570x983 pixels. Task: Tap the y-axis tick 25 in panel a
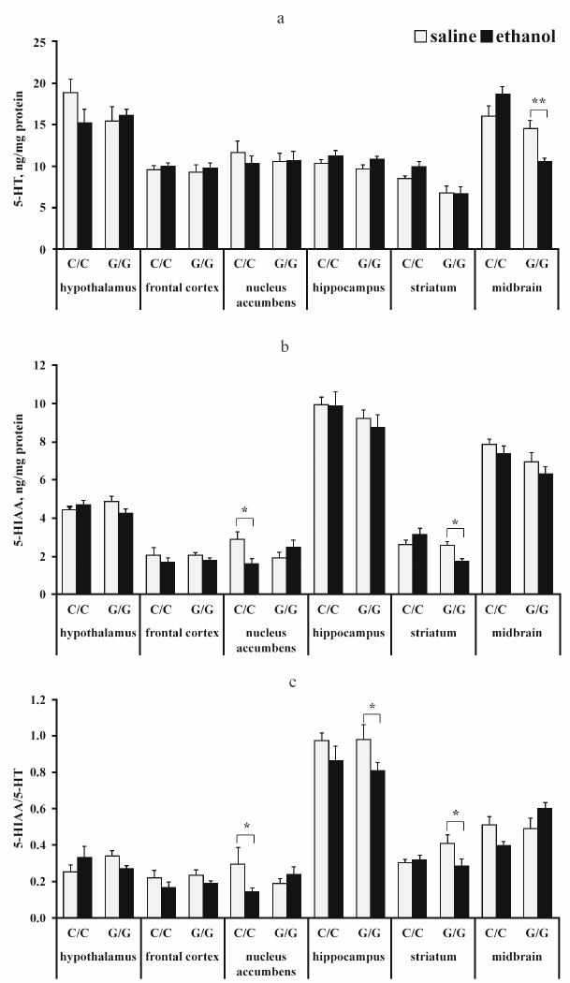coord(38,42)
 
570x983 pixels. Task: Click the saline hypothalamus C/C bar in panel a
coord(70,170)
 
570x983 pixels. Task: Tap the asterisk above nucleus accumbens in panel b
coord(244,510)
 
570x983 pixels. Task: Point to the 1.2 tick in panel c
coord(37,699)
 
